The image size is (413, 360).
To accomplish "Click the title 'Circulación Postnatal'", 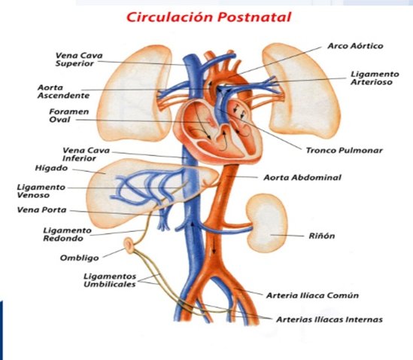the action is (x=208, y=17).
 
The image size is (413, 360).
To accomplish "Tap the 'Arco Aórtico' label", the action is (x=355, y=46).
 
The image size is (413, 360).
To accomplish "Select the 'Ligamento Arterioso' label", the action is (x=375, y=78).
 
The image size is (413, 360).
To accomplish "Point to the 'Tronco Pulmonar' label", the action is (x=344, y=151).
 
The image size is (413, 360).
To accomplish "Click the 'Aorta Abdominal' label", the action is (x=302, y=177).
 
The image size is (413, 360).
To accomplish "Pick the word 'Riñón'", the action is (x=322, y=236).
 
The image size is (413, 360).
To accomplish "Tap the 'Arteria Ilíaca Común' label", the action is (x=312, y=295).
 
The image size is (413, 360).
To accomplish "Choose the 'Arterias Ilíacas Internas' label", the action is (x=329, y=319).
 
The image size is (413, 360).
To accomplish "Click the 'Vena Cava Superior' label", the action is (x=79, y=59).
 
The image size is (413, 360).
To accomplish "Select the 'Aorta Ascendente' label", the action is (x=63, y=91).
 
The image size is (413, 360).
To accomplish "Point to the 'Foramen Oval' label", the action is (x=69, y=115).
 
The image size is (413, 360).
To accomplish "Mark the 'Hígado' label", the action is (x=51, y=168).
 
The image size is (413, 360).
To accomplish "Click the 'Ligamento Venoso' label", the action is (x=41, y=191).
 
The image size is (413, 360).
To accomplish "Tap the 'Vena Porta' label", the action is (x=41, y=210).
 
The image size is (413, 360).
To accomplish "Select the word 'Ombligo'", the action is (x=79, y=258).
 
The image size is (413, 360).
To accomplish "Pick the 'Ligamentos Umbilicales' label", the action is (x=110, y=280).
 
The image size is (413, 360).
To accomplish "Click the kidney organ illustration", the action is (x=266, y=223).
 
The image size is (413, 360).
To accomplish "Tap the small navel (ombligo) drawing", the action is (x=129, y=246).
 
